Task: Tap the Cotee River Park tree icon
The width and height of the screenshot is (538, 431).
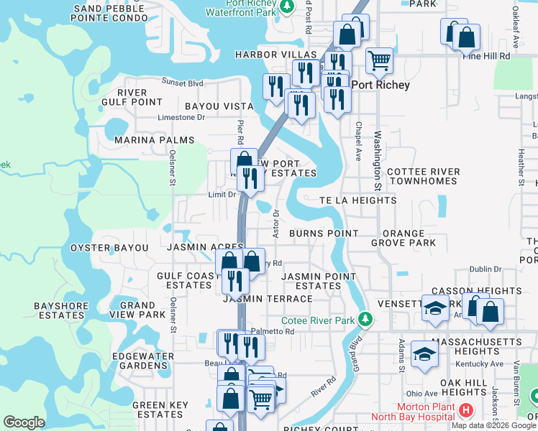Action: point(365,318)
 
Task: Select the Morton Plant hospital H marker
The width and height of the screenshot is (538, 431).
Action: point(465,412)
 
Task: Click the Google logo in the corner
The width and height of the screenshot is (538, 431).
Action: point(24,422)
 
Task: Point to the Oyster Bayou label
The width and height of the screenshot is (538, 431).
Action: point(109,248)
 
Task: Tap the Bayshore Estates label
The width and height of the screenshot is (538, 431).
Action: point(60,310)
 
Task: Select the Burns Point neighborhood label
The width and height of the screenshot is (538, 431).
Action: point(324,233)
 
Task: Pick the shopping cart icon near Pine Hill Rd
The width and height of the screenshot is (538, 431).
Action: point(379,60)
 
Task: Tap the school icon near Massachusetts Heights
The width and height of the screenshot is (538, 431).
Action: point(424,353)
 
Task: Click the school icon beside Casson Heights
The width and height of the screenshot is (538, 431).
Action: point(435,307)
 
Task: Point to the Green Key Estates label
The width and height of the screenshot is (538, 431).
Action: point(160,409)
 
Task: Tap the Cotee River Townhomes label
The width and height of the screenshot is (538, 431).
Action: point(421,177)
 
